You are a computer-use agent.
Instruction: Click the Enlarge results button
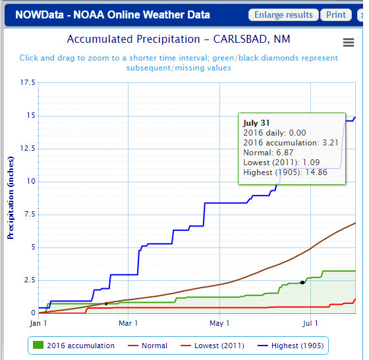[283, 15]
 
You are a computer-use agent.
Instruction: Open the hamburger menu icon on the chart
[349, 42]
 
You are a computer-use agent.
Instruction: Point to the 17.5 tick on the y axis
[27, 83]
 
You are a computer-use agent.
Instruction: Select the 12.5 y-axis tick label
[27, 149]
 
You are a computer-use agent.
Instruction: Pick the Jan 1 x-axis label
[38, 323]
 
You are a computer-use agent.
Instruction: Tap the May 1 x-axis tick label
[219, 323]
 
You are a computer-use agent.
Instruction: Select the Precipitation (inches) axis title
[11, 197]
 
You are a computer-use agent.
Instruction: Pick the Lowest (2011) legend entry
[213, 346]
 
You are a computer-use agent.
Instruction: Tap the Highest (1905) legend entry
[288, 346]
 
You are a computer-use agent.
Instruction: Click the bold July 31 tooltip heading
[257, 122]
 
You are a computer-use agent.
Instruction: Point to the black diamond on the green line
[302, 282]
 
